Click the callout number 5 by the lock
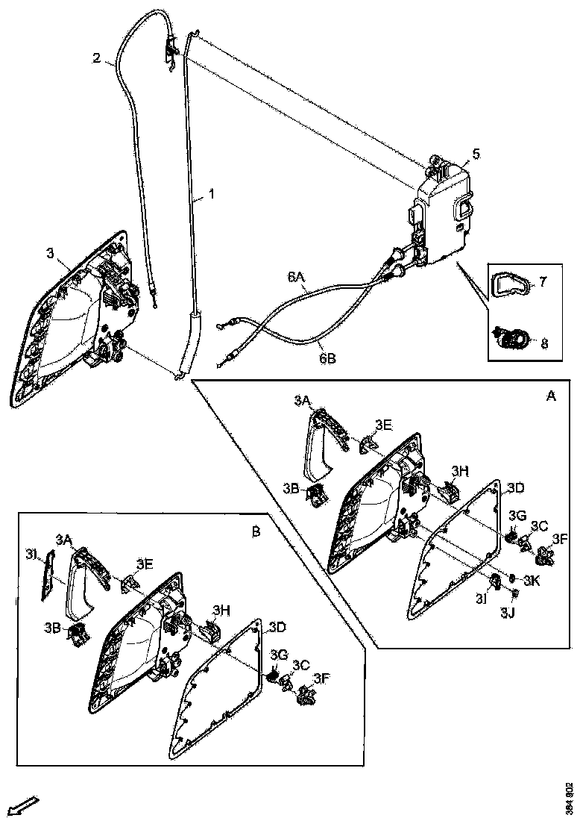476,154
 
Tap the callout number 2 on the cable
96,57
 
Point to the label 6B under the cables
327,358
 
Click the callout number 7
543,282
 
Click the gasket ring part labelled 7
511,284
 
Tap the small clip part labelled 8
512,339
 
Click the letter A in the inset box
551,397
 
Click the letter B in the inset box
256,531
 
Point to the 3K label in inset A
532,580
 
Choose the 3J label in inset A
508,613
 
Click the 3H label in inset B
222,609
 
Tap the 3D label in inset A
516,488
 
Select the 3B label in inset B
51,628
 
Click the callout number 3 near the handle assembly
51,254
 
